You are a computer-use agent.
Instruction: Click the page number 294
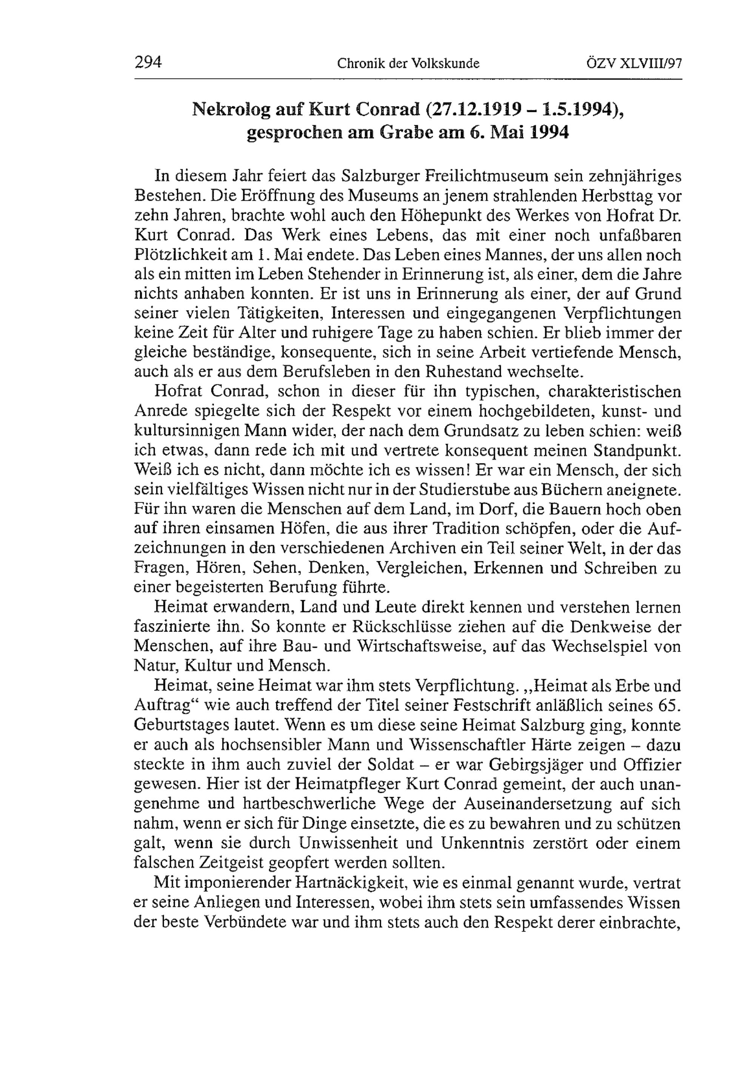pyautogui.click(x=148, y=62)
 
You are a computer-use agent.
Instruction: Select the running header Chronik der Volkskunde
pyautogui.click(x=408, y=63)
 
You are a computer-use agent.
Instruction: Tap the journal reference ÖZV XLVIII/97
pyautogui.click(x=634, y=63)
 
